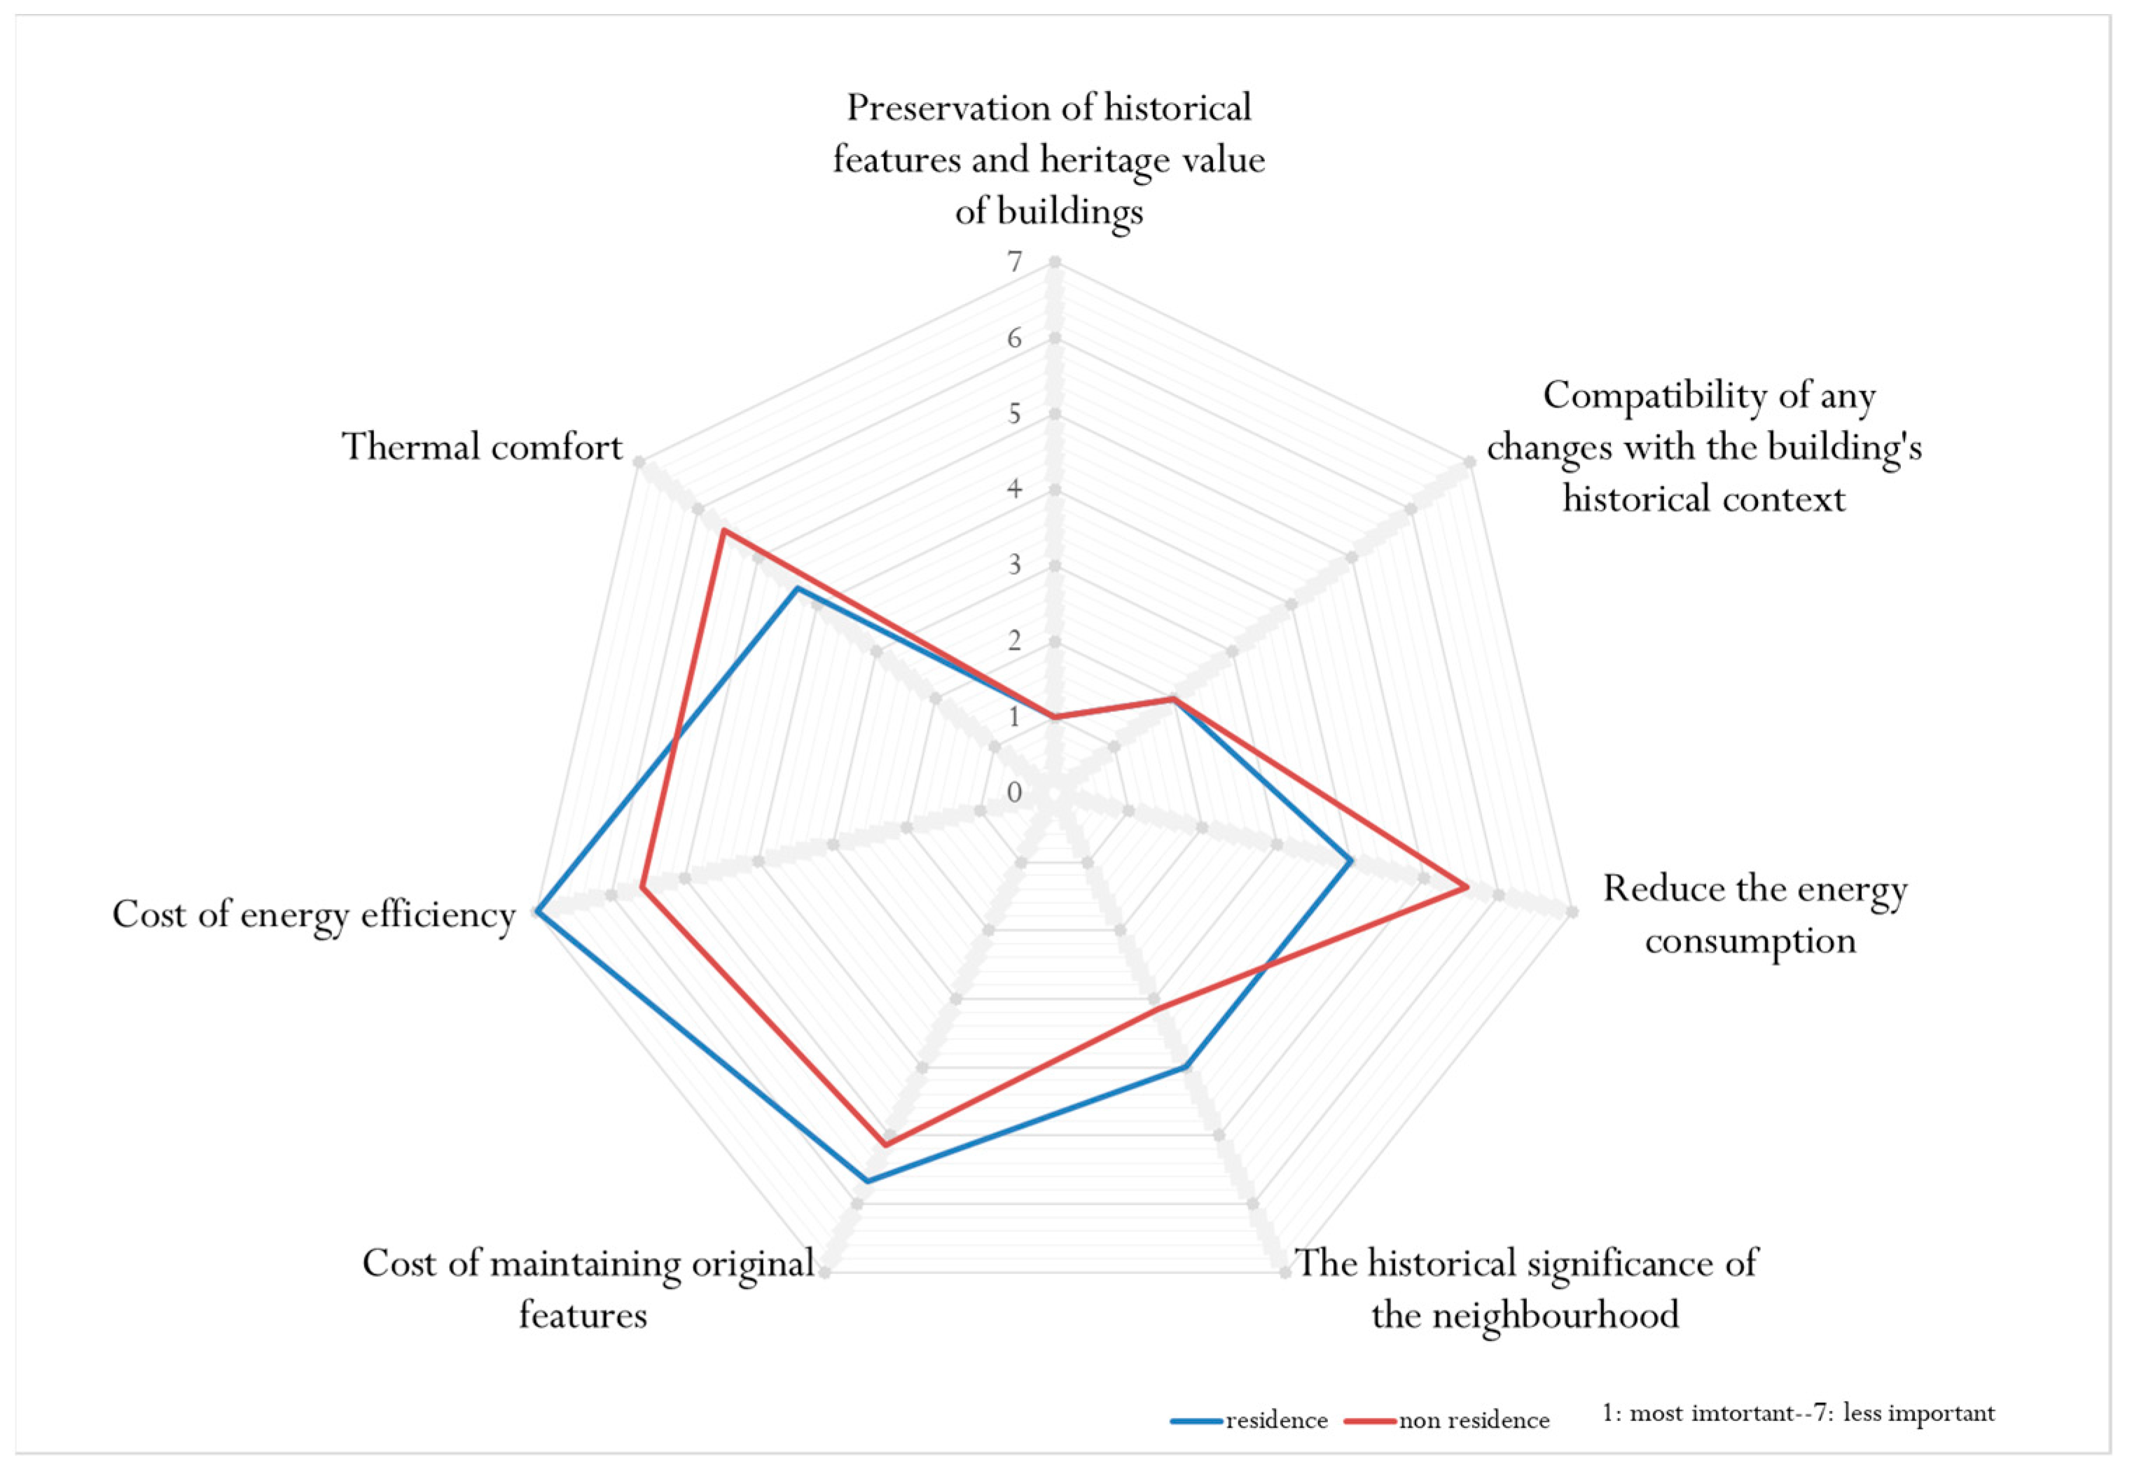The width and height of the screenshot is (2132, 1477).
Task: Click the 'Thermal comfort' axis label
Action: point(482,447)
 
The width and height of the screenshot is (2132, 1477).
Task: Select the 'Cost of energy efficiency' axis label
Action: point(314,915)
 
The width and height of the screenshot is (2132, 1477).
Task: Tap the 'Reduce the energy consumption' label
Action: point(1754,915)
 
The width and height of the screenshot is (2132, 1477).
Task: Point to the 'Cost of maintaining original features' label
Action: point(588,1287)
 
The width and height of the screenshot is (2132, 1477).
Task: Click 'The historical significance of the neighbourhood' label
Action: point(1525,1287)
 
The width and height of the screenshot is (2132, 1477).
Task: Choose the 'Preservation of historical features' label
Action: point(1048,159)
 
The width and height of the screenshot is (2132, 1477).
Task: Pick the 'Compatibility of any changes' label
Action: point(1705,447)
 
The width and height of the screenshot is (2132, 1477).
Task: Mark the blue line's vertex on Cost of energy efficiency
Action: point(537,913)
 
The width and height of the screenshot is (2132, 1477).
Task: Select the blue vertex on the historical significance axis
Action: point(1184,1068)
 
